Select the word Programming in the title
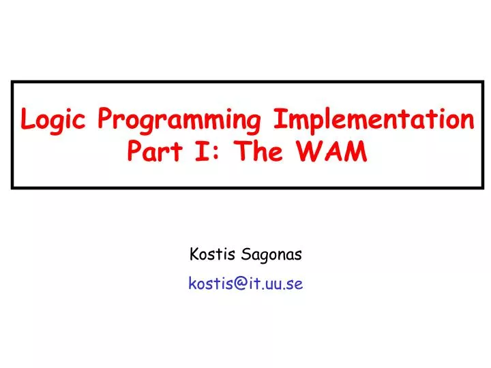click(180, 121)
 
